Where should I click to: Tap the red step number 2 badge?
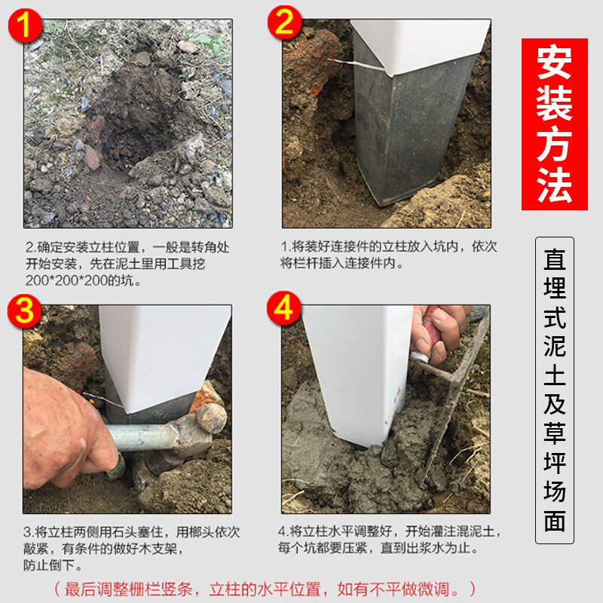pos(284,24)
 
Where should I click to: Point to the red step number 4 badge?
pos(285,309)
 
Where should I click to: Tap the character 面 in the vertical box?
pos(554,521)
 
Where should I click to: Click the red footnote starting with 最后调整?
pos(264,588)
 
